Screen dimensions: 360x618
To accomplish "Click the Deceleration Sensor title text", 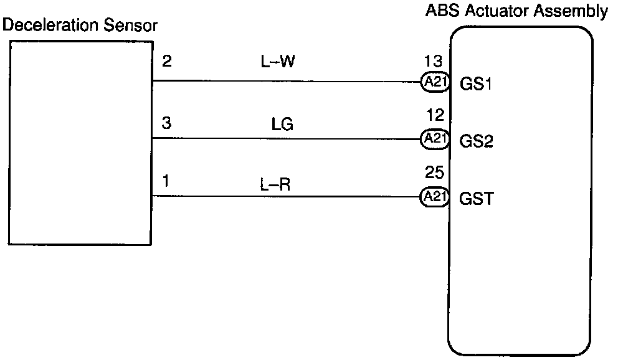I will click(80, 26).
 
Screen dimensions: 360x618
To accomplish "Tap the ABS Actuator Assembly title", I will click(516, 11).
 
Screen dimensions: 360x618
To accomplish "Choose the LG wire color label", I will click(282, 125).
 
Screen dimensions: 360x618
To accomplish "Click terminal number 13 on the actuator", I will click(433, 61).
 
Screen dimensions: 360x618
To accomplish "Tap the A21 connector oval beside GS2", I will click(435, 139).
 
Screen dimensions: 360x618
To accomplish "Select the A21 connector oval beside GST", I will click(435, 197).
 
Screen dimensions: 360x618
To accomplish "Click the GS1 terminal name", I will click(477, 83).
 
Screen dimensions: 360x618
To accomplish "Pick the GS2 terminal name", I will click(477, 141).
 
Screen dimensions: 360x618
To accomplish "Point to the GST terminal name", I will click(477, 199).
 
